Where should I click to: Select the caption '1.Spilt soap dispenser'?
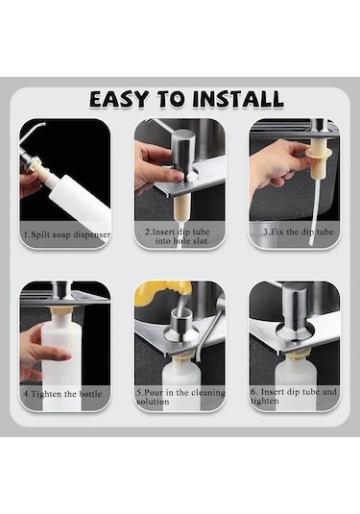point(65,234)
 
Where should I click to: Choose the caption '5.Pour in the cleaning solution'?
point(180,397)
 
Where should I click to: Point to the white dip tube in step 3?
point(313,197)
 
